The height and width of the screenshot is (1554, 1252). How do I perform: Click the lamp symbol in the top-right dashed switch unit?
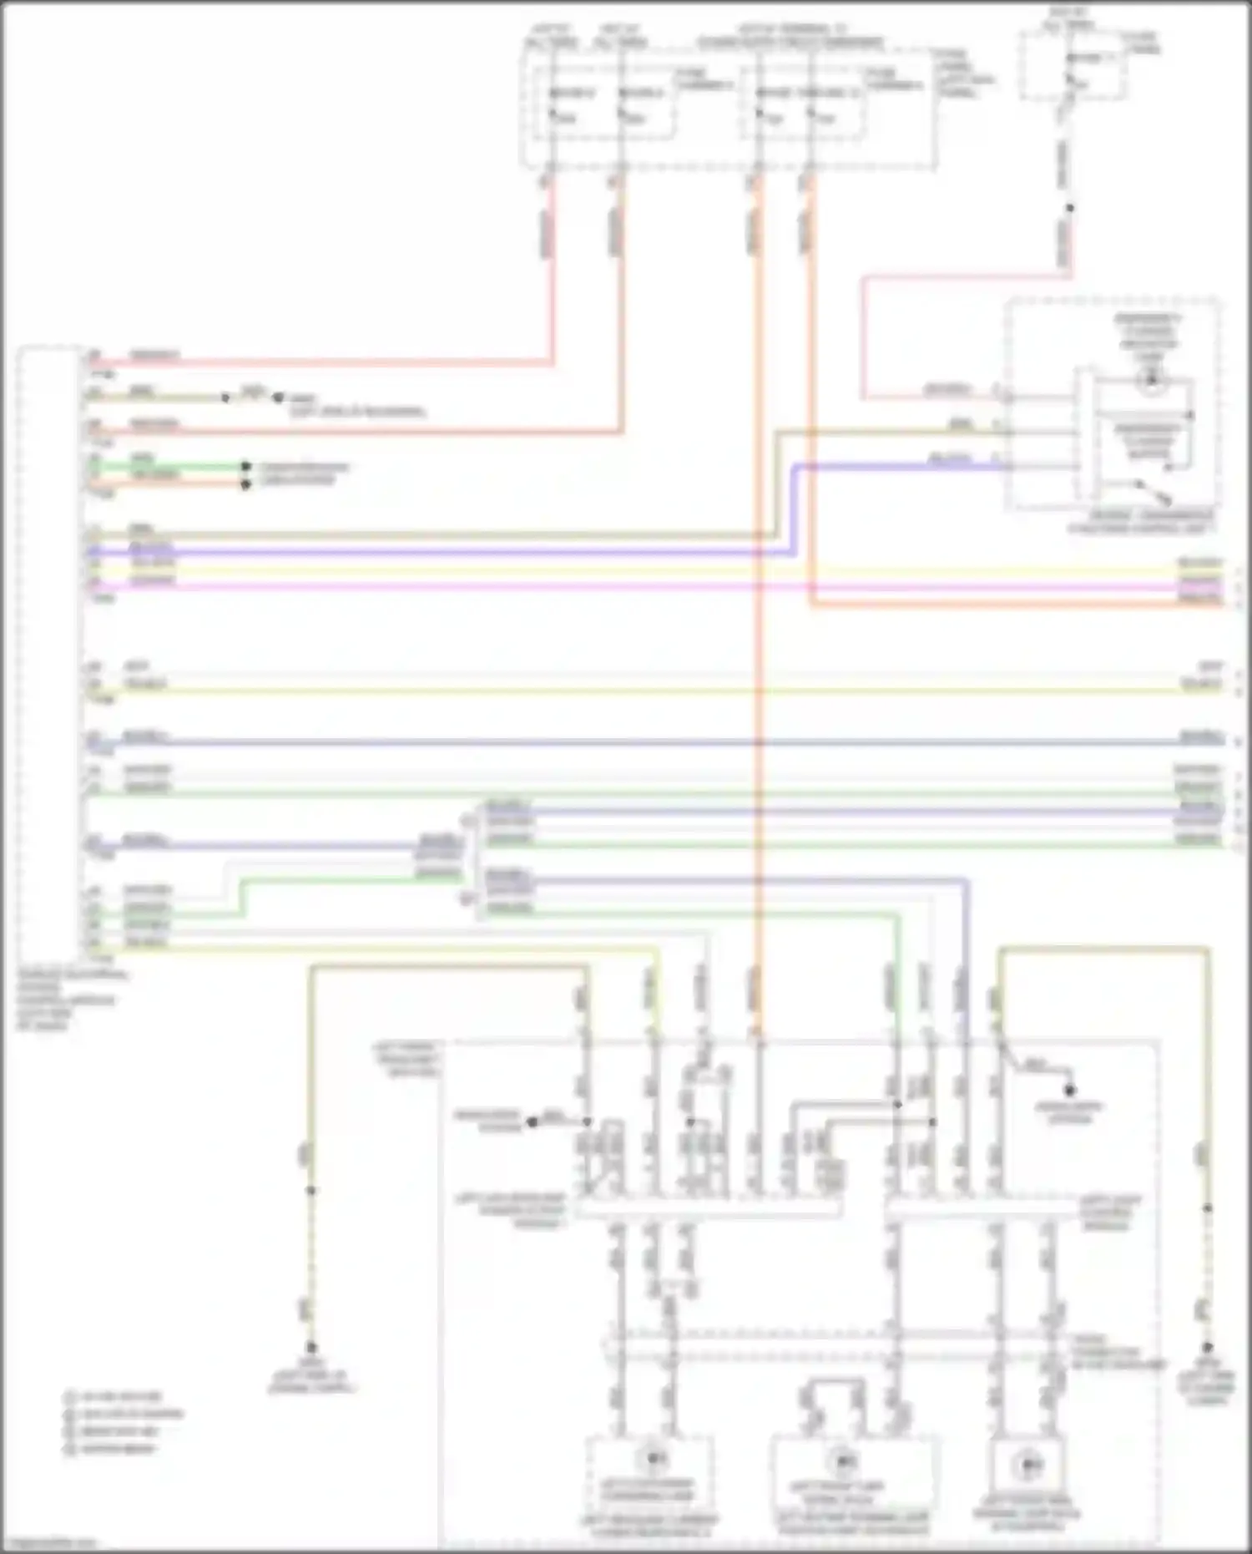1151,381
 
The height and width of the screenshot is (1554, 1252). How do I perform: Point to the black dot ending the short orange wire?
245,484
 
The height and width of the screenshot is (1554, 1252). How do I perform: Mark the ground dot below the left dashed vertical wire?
311,1347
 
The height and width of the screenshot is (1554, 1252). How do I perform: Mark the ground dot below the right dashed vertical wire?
1207,1347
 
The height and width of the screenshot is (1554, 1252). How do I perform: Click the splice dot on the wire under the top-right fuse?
1070,208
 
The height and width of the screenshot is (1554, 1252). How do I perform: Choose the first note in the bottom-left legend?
114,1396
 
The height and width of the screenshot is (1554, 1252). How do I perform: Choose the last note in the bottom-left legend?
114,1449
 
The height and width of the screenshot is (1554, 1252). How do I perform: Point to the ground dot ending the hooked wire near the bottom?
1069,1090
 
